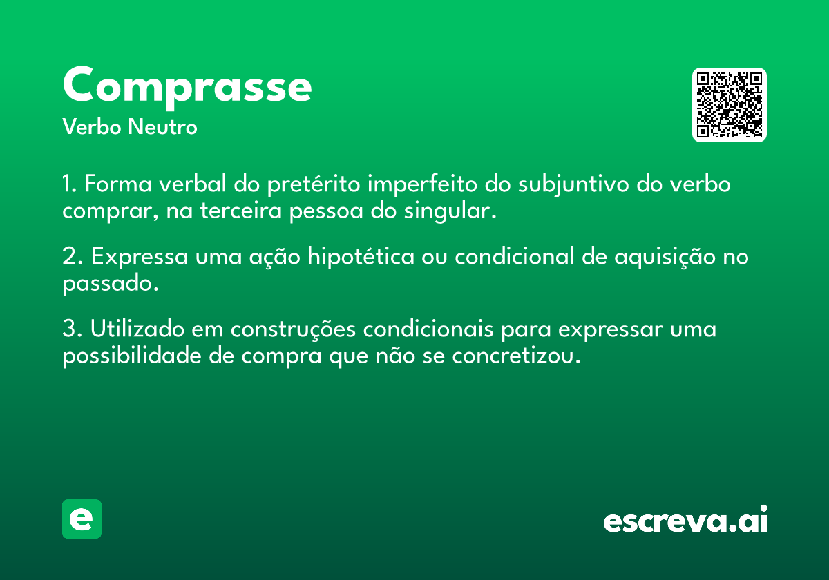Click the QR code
pos(730,105)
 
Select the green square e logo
pos(82,519)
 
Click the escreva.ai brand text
pos(685,521)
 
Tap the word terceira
pos(242,211)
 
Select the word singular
pos(449,211)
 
